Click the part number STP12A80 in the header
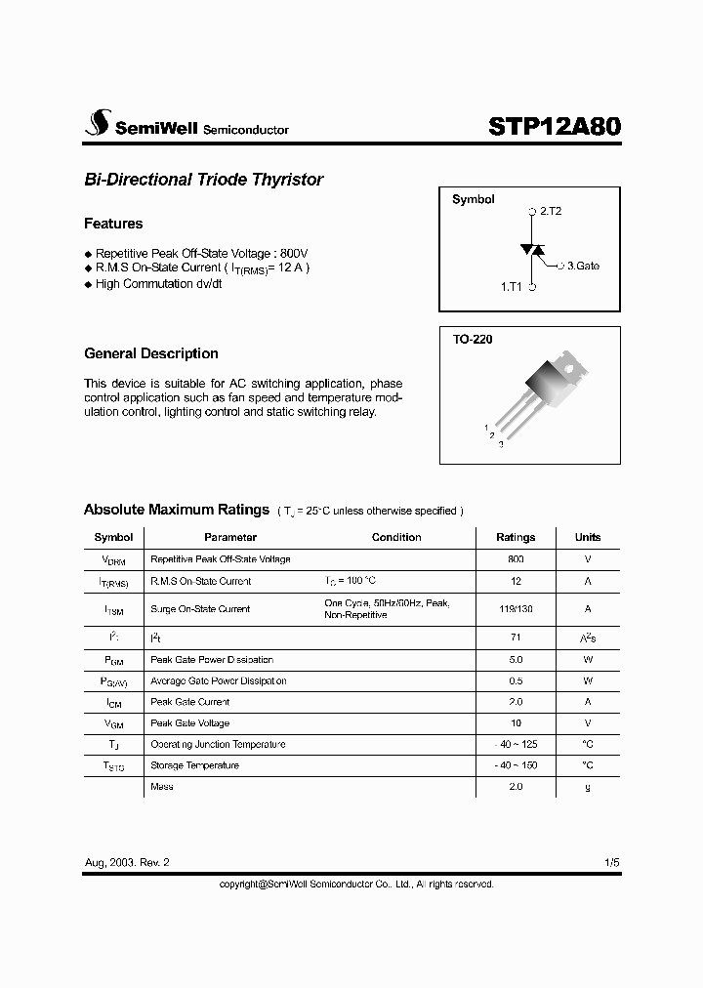point(553,127)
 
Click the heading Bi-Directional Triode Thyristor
point(203,180)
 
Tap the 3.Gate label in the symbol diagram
point(583,265)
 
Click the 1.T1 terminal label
point(513,288)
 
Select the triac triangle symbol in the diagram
point(532,250)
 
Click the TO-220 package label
point(472,341)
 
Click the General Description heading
point(151,353)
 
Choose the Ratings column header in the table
point(516,537)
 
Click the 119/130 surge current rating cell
point(516,608)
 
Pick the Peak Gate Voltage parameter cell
point(190,723)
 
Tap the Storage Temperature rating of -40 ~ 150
point(516,765)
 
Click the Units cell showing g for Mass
point(588,787)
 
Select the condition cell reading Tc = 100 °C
point(350,581)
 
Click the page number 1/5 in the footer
point(611,863)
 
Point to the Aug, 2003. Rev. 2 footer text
point(127,863)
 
